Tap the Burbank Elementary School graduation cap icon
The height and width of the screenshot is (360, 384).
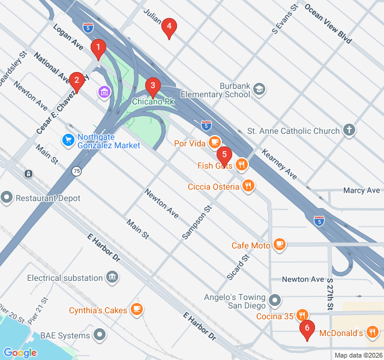(259, 89)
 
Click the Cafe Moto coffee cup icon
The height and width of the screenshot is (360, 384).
(279, 244)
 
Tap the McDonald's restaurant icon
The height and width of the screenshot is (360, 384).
(373, 332)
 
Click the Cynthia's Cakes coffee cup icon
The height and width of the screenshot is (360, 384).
(137, 309)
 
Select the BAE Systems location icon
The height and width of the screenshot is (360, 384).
(100, 335)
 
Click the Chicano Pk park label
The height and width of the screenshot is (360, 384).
(153, 102)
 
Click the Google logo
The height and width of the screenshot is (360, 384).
(20, 352)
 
